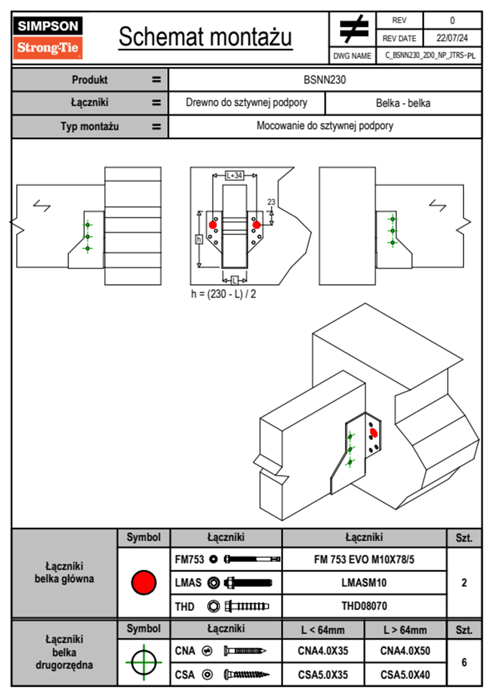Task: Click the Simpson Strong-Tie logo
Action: coord(47,37)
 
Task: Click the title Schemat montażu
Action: coord(205,37)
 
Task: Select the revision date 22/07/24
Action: coord(452,38)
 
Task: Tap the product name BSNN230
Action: coord(325,80)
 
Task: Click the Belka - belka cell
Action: coord(403,103)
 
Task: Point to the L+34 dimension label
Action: coord(235,176)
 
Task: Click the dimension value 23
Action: coord(271,202)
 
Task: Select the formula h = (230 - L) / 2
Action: coord(223,294)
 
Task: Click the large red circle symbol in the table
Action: coord(144,582)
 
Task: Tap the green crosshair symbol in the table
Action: coord(144,662)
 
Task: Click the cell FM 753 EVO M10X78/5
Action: coord(364,559)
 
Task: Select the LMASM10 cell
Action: coord(364,583)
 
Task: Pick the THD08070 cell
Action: coord(364,606)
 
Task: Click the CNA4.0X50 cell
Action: coord(405,651)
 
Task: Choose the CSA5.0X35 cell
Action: coord(323,675)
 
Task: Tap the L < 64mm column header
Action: coord(323,630)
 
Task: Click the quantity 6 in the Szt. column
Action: coord(464,662)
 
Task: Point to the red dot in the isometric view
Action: coord(373,433)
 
